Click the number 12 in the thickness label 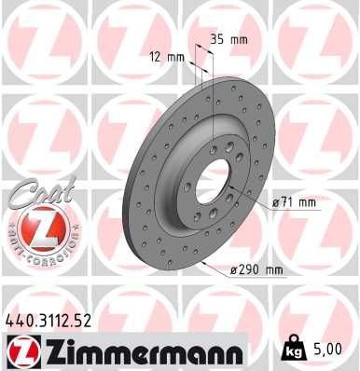click(x=155, y=56)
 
